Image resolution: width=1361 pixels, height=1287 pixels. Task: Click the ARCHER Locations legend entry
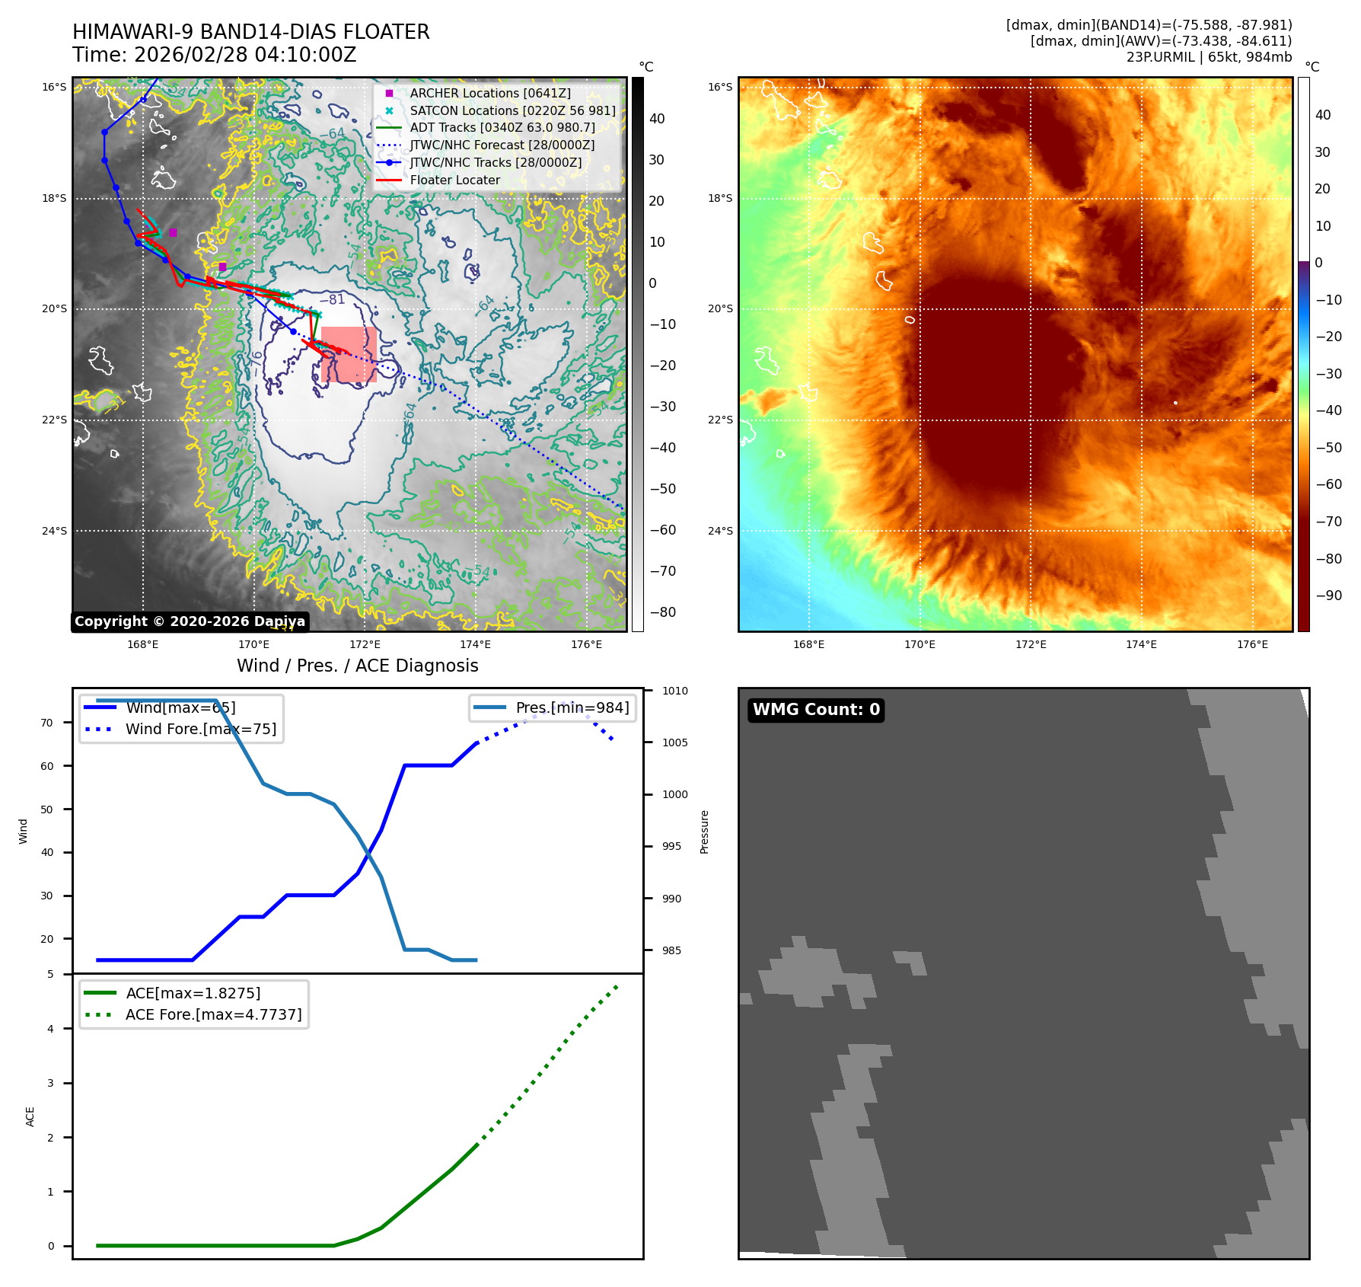[x=489, y=93]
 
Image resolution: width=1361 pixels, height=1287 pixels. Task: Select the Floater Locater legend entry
[x=454, y=180]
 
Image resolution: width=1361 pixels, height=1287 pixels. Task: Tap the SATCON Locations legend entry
[x=512, y=110]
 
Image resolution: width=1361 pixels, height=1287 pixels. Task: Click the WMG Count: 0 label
[x=816, y=710]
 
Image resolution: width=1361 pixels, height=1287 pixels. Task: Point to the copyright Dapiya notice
[x=190, y=621]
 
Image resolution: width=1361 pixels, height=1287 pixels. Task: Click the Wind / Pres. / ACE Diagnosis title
[x=357, y=666]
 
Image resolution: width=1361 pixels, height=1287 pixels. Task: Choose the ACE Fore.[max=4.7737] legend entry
[x=213, y=1014]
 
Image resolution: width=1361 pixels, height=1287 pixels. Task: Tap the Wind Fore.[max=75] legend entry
[x=200, y=729]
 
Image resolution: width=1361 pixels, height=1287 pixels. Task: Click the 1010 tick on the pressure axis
[x=674, y=691]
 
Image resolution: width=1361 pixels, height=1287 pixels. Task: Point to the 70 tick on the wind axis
[x=47, y=723]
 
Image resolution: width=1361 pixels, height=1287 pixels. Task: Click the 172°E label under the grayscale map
[x=365, y=644]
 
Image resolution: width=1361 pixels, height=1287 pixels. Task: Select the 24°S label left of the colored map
[x=720, y=531]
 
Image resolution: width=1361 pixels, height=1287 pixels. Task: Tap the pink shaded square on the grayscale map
[x=349, y=354]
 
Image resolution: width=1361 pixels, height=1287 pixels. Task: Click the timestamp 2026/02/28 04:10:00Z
[x=244, y=55]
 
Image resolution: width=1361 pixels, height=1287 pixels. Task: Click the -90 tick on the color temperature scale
[x=1328, y=596]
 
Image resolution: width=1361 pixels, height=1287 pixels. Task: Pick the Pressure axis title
[x=704, y=832]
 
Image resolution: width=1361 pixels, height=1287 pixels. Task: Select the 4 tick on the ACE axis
[x=51, y=1029]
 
